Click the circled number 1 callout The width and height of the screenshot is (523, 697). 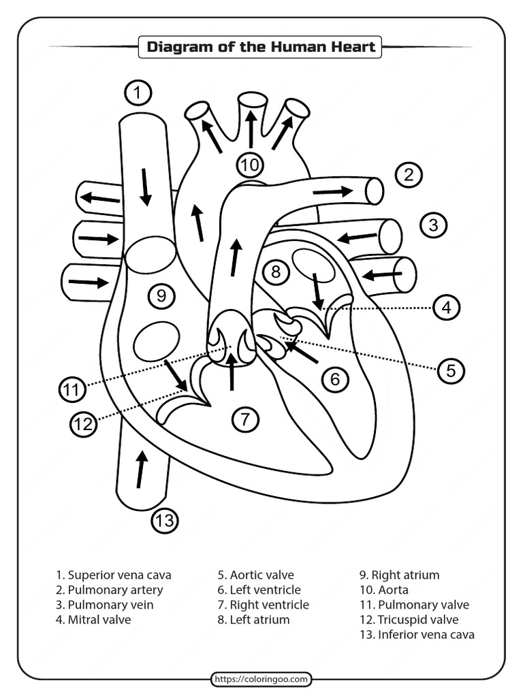click(138, 93)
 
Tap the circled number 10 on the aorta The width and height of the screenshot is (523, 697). click(250, 165)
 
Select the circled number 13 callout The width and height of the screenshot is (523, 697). click(163, 522)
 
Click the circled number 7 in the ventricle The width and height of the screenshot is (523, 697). click(246, 419)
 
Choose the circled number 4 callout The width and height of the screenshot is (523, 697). click(446, 308)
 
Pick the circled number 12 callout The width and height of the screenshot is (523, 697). click(82, 425)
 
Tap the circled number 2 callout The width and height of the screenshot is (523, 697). click(408, 175)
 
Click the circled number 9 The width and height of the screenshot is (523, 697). click(161, 295)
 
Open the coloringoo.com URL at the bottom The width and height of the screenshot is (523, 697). click(261, 679)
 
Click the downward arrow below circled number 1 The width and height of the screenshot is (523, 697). click(145, 186)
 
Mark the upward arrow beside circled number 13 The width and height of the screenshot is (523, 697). click(141, 470)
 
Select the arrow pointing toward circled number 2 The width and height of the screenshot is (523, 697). click(333, 192)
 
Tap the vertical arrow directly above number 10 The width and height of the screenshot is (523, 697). click(251, 129)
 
